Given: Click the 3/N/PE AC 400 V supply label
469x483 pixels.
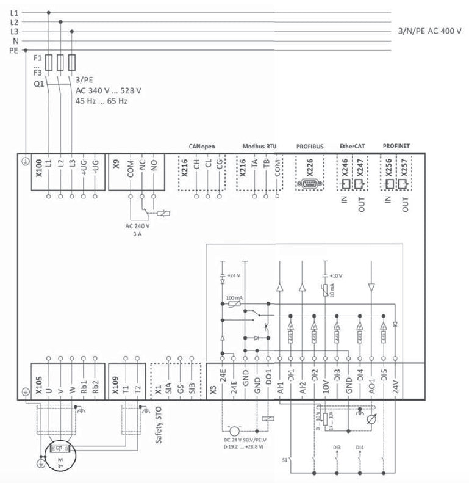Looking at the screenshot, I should [429, 31].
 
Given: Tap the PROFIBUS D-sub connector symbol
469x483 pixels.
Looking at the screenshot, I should [309, 183].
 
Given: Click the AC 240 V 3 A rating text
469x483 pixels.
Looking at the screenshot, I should [137, 230].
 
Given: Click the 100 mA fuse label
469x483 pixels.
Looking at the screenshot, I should [234, 297].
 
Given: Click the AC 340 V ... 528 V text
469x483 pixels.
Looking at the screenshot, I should [108, 91].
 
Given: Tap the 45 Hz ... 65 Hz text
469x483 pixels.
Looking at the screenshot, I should [101, 101].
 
